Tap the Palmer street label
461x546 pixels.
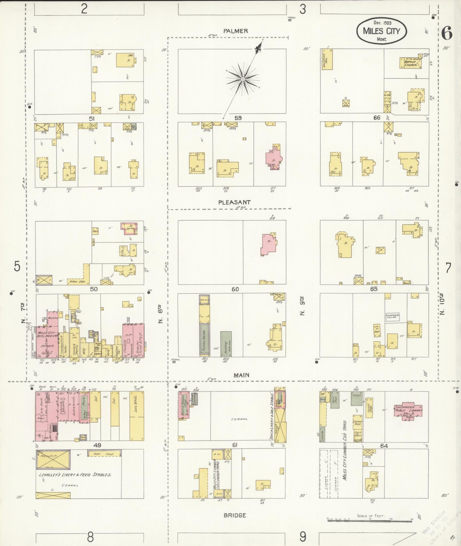coord(236,31)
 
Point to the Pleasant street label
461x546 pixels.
coord(234,202)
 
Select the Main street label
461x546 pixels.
coord(241,375)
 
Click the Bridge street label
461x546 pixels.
coord(235,515)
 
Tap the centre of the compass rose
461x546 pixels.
coord(243,79)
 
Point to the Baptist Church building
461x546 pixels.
coord(410,63)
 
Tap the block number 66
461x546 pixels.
coord(377,118)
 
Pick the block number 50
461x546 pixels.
coord(94,289)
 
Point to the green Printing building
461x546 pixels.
coord(226,344)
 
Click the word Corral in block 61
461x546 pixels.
coord(239,419)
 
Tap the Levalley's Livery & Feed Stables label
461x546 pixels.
coord(75,475)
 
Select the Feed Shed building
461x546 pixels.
coord(104,454)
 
